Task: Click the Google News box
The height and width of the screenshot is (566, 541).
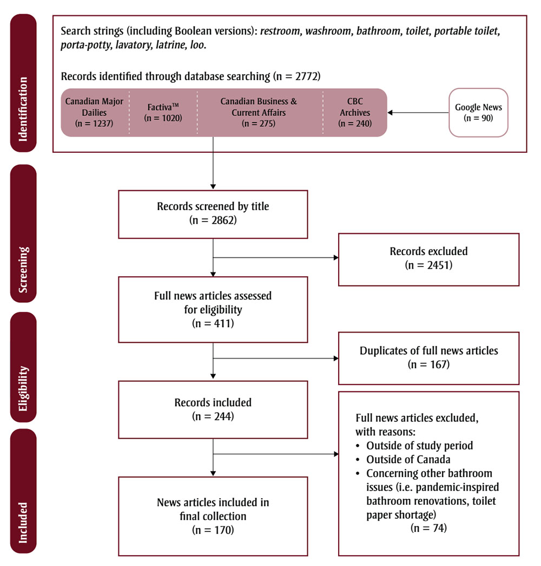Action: coord(478,113)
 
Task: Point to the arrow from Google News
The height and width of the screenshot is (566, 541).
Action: coord(417,113)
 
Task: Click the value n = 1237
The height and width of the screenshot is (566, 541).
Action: coord(95,123)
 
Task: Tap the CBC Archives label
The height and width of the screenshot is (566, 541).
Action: coord(355,107)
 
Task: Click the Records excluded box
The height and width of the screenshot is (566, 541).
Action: coord(428,258)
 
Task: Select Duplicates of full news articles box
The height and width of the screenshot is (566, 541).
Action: coord(428,357)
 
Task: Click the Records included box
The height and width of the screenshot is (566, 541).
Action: coord(214,409)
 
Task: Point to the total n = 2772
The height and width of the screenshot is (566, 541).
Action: coord(297,76)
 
